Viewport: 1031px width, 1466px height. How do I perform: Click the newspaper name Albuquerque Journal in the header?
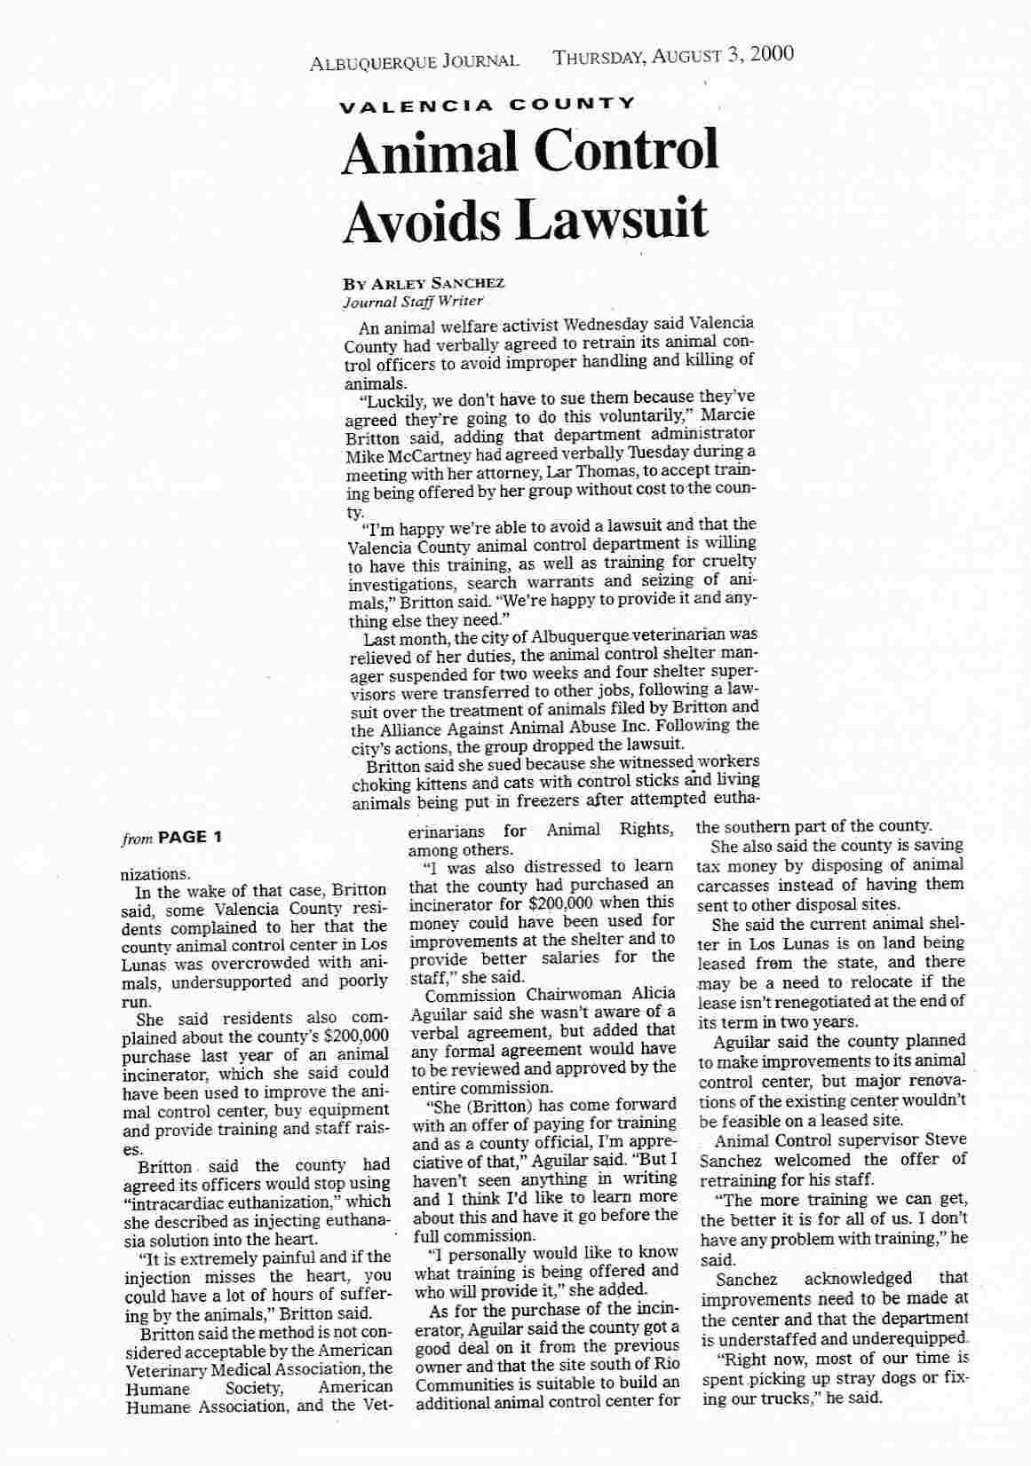(414, 61)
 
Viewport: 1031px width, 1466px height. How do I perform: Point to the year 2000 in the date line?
(771, 54)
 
